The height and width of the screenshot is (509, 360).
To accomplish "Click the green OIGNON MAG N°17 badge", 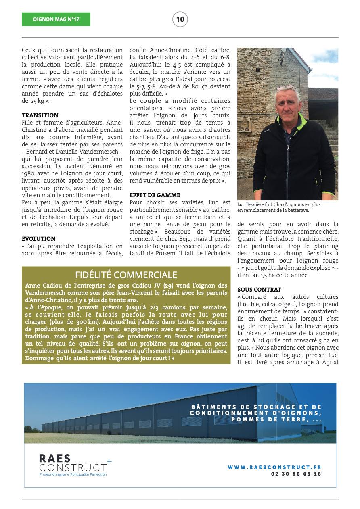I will (56, 19).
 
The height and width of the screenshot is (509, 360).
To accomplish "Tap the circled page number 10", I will (180, 19).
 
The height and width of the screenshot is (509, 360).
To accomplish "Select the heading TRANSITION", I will (40, 115).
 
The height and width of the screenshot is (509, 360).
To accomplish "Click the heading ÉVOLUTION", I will (39, 239).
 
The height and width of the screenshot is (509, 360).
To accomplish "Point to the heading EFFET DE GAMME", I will (155, 195).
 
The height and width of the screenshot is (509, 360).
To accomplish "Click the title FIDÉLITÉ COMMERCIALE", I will (126, 275).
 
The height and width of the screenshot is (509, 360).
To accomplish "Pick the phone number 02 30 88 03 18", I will (296, 474).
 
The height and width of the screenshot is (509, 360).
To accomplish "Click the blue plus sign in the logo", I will (109, 461).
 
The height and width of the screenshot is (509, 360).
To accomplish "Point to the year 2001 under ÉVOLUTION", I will (29, 253).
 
